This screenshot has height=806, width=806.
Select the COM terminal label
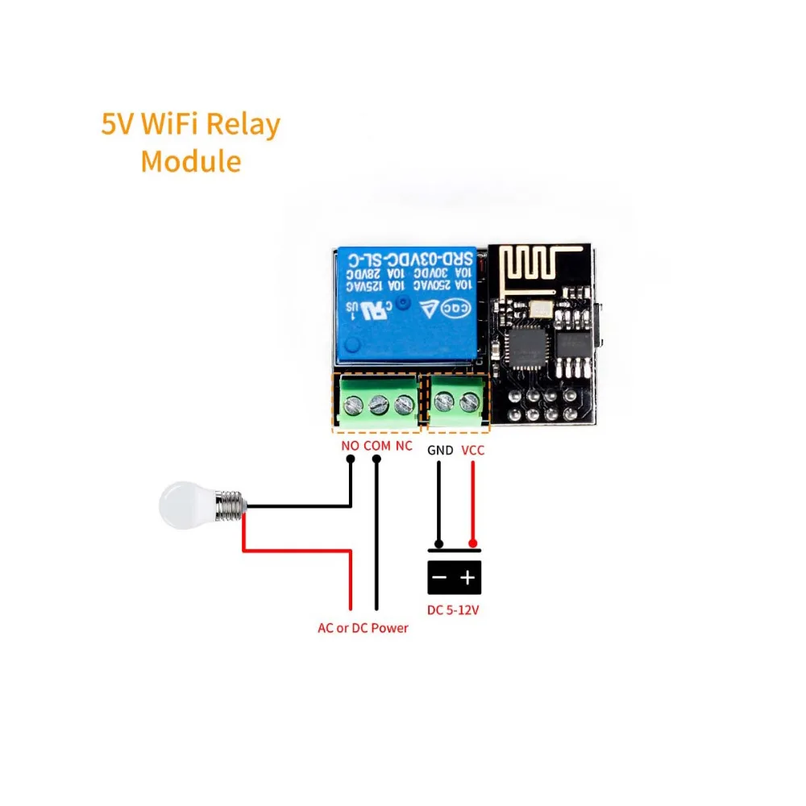coord(376,446)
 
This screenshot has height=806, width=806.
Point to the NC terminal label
coord(405,446)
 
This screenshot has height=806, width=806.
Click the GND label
coord(440,451)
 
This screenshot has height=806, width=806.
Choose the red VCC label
coord(473,451)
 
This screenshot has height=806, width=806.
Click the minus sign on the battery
coord(440,578)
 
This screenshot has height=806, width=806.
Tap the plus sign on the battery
coord(468,578)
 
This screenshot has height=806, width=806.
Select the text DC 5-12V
coord(454,610)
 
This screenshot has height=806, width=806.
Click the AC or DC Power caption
coord(363,627)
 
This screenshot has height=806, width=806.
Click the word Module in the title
coord(191,160)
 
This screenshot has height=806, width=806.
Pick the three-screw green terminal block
coord(376,401)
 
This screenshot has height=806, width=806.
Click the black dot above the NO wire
coord(350,460)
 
